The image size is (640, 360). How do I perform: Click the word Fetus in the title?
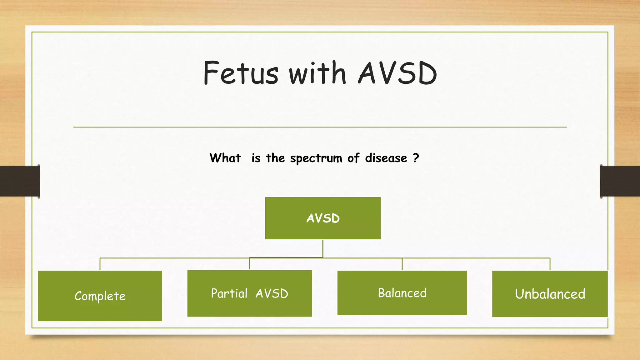[240, 73]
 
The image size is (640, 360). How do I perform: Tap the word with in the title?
[317, 73]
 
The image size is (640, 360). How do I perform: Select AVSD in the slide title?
[397, 73]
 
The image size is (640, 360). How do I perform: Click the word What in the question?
[225, 158]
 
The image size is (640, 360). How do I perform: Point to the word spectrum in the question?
[316, 158]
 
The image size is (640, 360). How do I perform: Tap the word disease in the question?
[386, 158]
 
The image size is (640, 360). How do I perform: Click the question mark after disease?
[416, 158]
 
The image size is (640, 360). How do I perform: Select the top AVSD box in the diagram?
[323, 218]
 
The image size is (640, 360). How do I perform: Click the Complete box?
[100, 296]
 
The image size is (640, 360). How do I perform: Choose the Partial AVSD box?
[250, 293]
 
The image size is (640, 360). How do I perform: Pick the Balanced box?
[402, 293]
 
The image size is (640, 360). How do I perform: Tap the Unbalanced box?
[550, 294]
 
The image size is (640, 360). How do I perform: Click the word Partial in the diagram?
[229, 293]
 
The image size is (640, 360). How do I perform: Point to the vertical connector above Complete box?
[100, 264]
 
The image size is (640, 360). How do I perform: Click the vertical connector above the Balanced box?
[402, 264]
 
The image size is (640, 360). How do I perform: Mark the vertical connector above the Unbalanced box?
[550, 264]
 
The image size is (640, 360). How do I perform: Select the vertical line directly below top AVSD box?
[323, 248]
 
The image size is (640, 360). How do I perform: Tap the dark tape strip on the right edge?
[620, 181]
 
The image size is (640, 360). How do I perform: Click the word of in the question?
[353, 158]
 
